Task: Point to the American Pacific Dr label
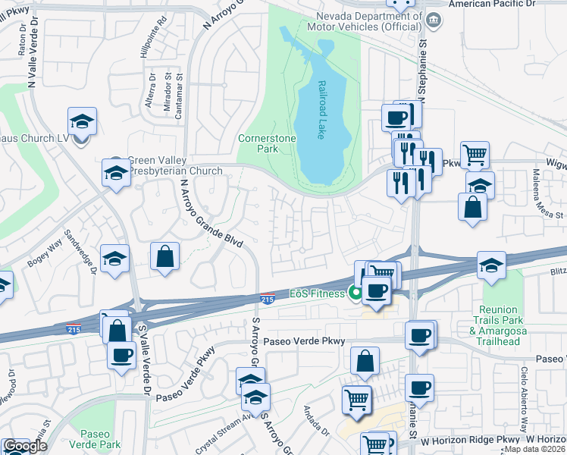(x=507, y=5)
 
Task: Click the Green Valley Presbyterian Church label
(x=175, y=165)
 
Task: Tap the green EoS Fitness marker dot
(x=354, y=293)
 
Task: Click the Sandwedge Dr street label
(x=80, y=251)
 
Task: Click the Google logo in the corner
(x=25, y=446)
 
